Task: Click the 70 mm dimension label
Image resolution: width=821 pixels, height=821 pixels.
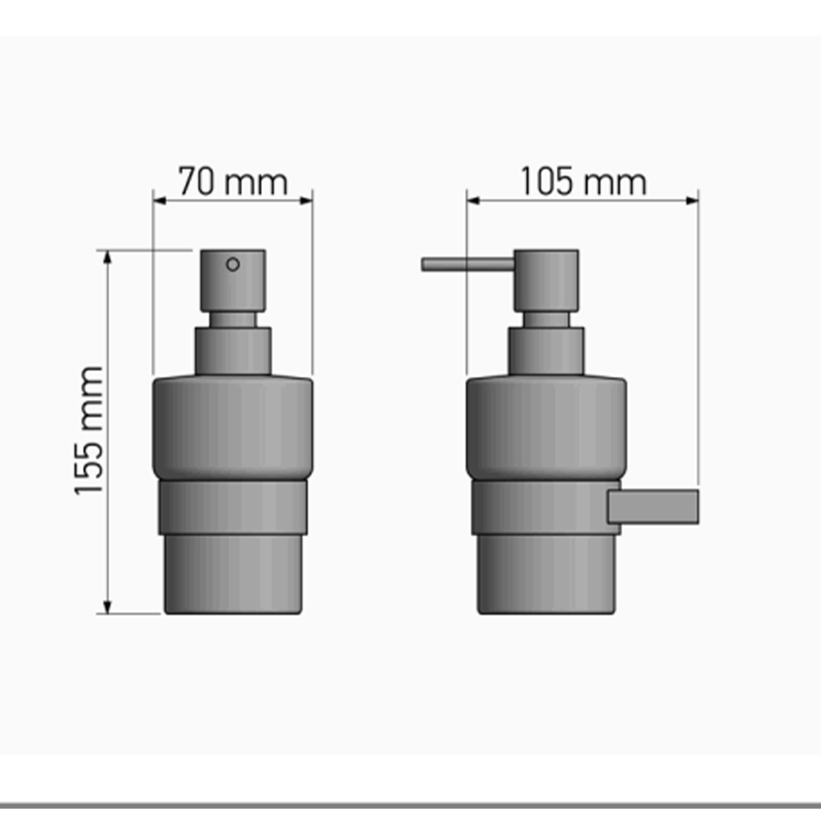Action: tap(233, 181)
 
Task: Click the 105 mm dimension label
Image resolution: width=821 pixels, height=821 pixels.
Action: tap(583, 181)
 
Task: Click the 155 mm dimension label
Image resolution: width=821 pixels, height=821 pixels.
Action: tap(89, 430)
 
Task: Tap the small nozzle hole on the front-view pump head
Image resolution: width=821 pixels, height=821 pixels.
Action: tap(233, 264)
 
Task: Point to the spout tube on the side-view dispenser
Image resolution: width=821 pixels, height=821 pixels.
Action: tap(468, 264)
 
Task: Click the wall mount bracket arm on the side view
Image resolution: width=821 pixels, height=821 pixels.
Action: tap(653, 507)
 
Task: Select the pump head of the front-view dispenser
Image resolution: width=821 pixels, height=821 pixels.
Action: tap(233, 281)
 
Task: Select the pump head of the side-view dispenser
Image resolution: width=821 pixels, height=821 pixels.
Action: tap(546, 281)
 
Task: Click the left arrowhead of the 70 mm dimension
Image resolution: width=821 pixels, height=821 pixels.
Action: tap(159, 200)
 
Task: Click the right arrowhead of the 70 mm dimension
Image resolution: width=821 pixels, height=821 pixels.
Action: tap(306, 200)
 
